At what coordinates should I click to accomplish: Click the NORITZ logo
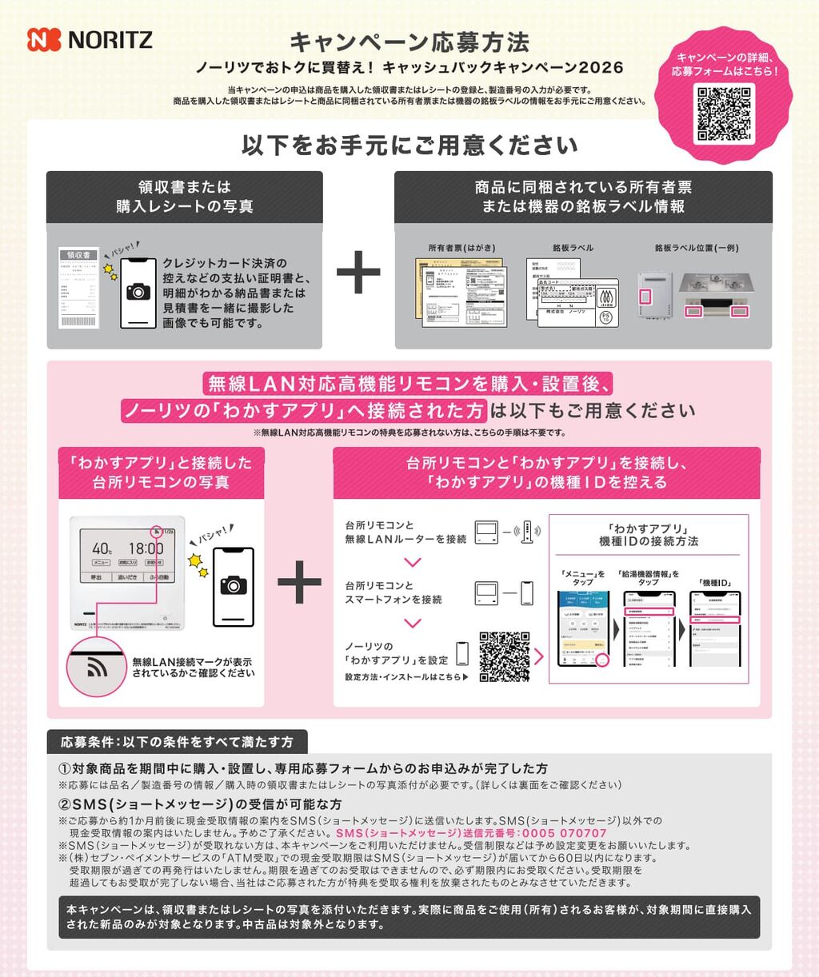pos(90,40)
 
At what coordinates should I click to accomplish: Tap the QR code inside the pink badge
pos(725,114)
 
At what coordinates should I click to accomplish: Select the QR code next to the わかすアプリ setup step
pos(504,656)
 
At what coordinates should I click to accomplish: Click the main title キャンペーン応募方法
pos(409,42)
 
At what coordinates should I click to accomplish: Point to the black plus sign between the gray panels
pos(358,273)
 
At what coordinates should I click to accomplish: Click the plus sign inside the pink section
pos(299,582)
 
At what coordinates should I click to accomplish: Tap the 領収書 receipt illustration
pos(78,289)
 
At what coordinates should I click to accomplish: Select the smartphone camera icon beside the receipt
pos(138,292)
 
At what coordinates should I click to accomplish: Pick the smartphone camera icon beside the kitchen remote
pos(233,587)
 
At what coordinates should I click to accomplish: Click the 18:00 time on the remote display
pos(146,548)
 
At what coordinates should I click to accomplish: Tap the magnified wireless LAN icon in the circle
pos(97,667)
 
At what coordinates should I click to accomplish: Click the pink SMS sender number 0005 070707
pos(472,833)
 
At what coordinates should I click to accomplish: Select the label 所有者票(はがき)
pos(461,248)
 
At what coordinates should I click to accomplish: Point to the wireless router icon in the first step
pos(526,532)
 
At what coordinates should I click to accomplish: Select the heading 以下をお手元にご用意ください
pos(409,146)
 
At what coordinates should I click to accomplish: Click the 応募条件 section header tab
pos(177,742)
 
